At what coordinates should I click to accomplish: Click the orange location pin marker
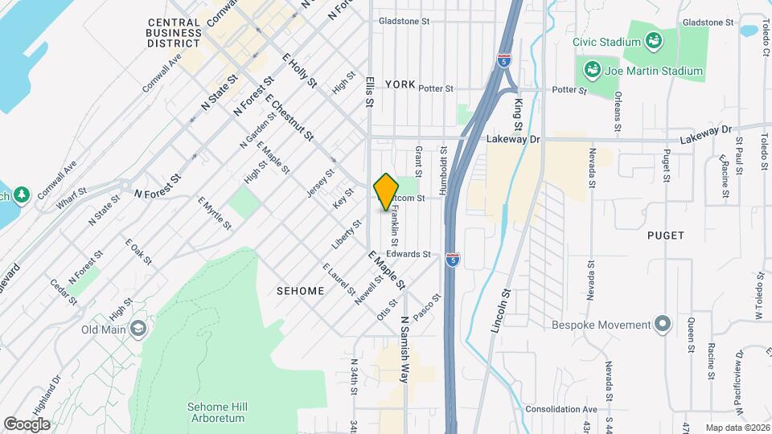[x=387, y=190]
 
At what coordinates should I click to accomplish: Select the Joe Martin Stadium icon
[x=593, y=71]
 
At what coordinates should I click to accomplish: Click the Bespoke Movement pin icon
[x=662, y=324]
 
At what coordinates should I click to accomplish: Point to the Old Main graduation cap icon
[x=138, y=328]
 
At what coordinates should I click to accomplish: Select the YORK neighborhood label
[x=400, y=84]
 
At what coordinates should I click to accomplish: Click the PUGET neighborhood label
[x=665, y=235]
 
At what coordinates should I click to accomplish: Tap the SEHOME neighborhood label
[x=300, y=290]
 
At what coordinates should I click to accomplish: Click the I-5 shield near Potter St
[x=503, y=60]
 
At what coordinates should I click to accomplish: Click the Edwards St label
[x=415, y=254]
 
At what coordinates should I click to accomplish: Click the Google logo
[x=27, y=424]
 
